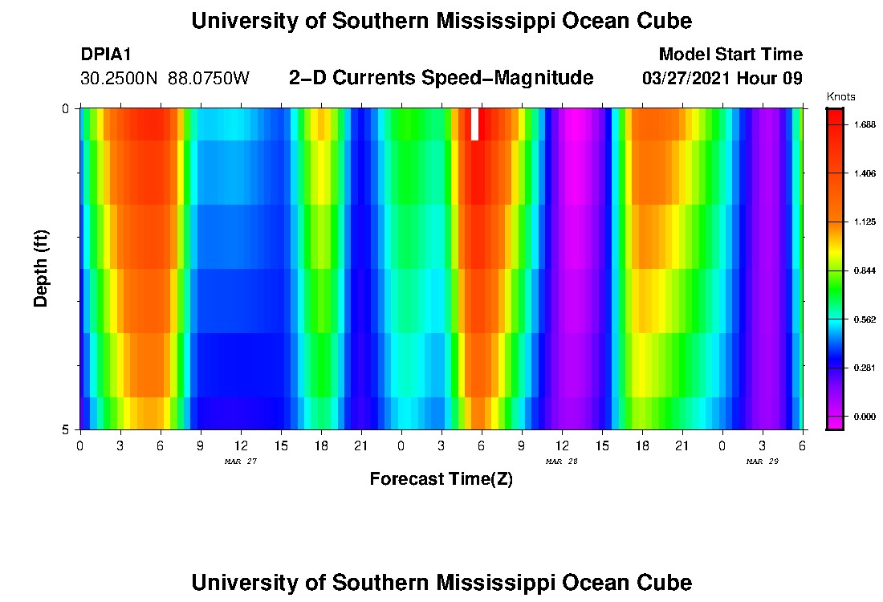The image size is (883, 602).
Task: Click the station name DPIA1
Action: tap(106, 55)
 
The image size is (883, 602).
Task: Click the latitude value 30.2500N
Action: tap(120, 79)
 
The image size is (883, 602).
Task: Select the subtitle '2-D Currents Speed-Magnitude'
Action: tap(441, 78)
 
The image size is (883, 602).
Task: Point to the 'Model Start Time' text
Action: tap(730, 55)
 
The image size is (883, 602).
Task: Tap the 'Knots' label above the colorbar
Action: tap(840, 97)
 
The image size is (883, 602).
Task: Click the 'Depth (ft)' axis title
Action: tap(42, 269)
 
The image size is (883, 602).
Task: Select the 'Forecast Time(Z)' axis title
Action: tap(441, 479)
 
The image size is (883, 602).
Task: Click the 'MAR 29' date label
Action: tap(762, 462)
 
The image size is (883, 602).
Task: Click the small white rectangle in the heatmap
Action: tap(474, 124)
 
